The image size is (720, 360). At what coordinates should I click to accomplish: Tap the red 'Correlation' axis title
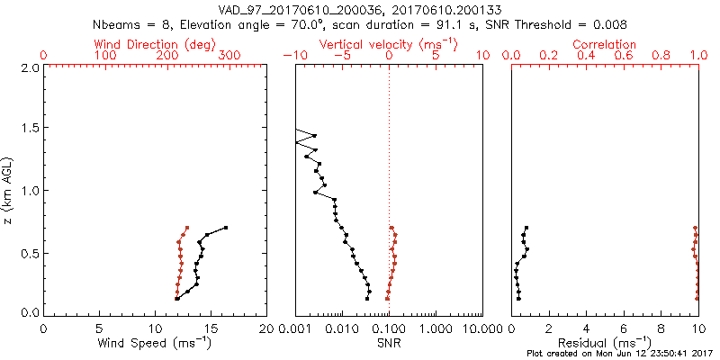click(x=605, y=43)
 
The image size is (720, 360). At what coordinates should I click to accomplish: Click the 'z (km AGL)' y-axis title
click(x=8, y=190)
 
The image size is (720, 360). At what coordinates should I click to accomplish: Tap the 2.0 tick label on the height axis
click(x=29, y=67)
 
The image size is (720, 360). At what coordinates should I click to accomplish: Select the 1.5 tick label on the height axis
click(x=29, y=129)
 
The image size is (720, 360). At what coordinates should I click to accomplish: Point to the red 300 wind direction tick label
click(x=229, y=56)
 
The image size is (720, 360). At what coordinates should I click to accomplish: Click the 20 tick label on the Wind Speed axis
click(x=265, y=328)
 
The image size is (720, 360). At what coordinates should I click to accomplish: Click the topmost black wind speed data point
click(x=226, y=228)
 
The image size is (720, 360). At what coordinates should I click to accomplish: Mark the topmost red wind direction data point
click(x=187, y=228)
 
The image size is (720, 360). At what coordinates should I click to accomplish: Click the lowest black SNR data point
click(x=367, y=298)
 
